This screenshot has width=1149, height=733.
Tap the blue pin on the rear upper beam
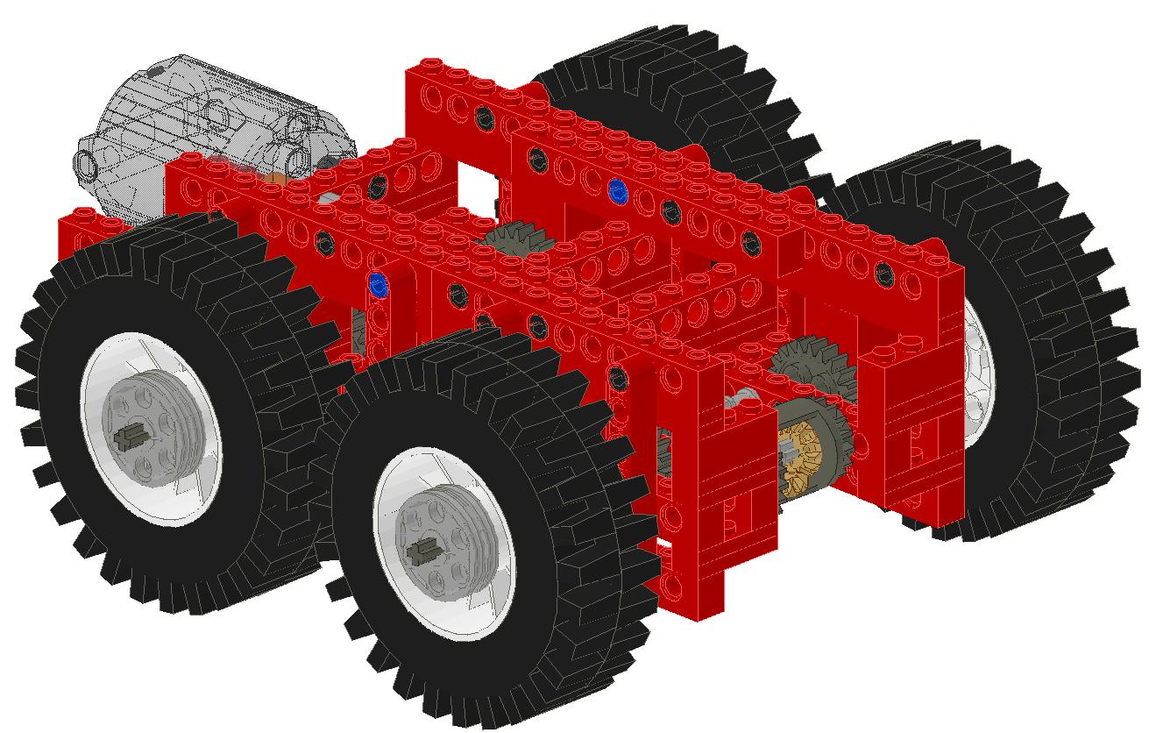coord(617,189)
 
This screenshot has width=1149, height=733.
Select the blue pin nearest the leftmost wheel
coord(379,283)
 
